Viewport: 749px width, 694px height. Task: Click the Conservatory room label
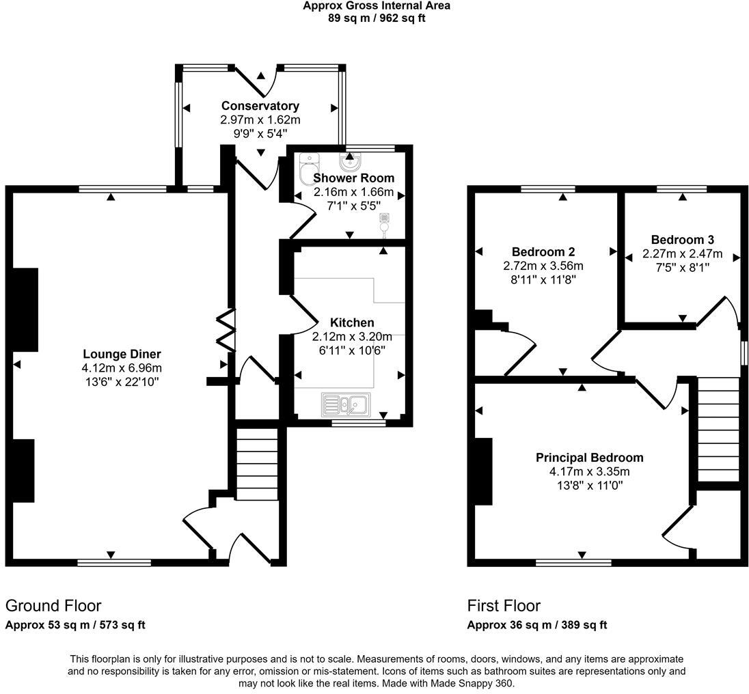coord(260,106)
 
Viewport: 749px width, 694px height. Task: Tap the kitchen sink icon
coord(346,404)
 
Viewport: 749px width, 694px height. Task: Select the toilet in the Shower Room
coord(310,163)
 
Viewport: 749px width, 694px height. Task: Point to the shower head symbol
coord(385,223)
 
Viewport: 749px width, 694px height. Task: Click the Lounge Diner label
coord(122,354)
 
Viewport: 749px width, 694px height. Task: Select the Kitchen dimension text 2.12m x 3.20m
coord(352,337)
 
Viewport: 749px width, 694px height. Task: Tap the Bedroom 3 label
coord(682,240)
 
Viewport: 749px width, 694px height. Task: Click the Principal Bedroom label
coord(589,458)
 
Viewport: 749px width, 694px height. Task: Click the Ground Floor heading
coord(53,606)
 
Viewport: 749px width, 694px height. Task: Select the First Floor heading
coord(504,606)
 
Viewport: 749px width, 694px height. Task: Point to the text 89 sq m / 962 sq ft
coord(377,18)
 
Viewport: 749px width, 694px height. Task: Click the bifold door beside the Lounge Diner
coord(226,331)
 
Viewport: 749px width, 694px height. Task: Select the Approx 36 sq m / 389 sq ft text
coord(537,625)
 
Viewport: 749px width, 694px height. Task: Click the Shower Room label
coord(353,178)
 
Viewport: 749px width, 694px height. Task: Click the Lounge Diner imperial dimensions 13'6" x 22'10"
coord(122,382)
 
